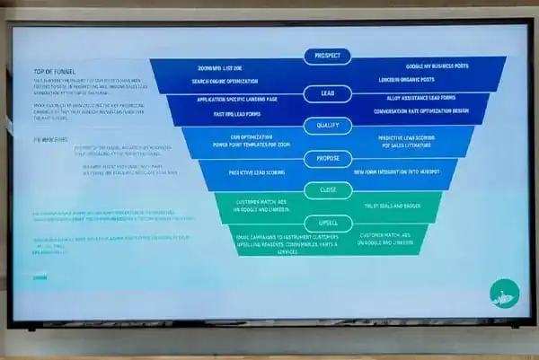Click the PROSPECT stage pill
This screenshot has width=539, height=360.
pos(328,56)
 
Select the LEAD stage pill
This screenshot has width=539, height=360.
pos(328,93)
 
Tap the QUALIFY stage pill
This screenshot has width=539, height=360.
pos(328,127)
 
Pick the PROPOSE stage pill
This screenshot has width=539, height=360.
pos(328,159)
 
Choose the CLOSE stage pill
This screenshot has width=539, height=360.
pos(328,190)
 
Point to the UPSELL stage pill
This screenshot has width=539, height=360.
pos(328,221)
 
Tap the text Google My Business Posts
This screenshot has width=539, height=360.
pos(437,67)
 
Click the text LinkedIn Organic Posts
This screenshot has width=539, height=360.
pos(429,81)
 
